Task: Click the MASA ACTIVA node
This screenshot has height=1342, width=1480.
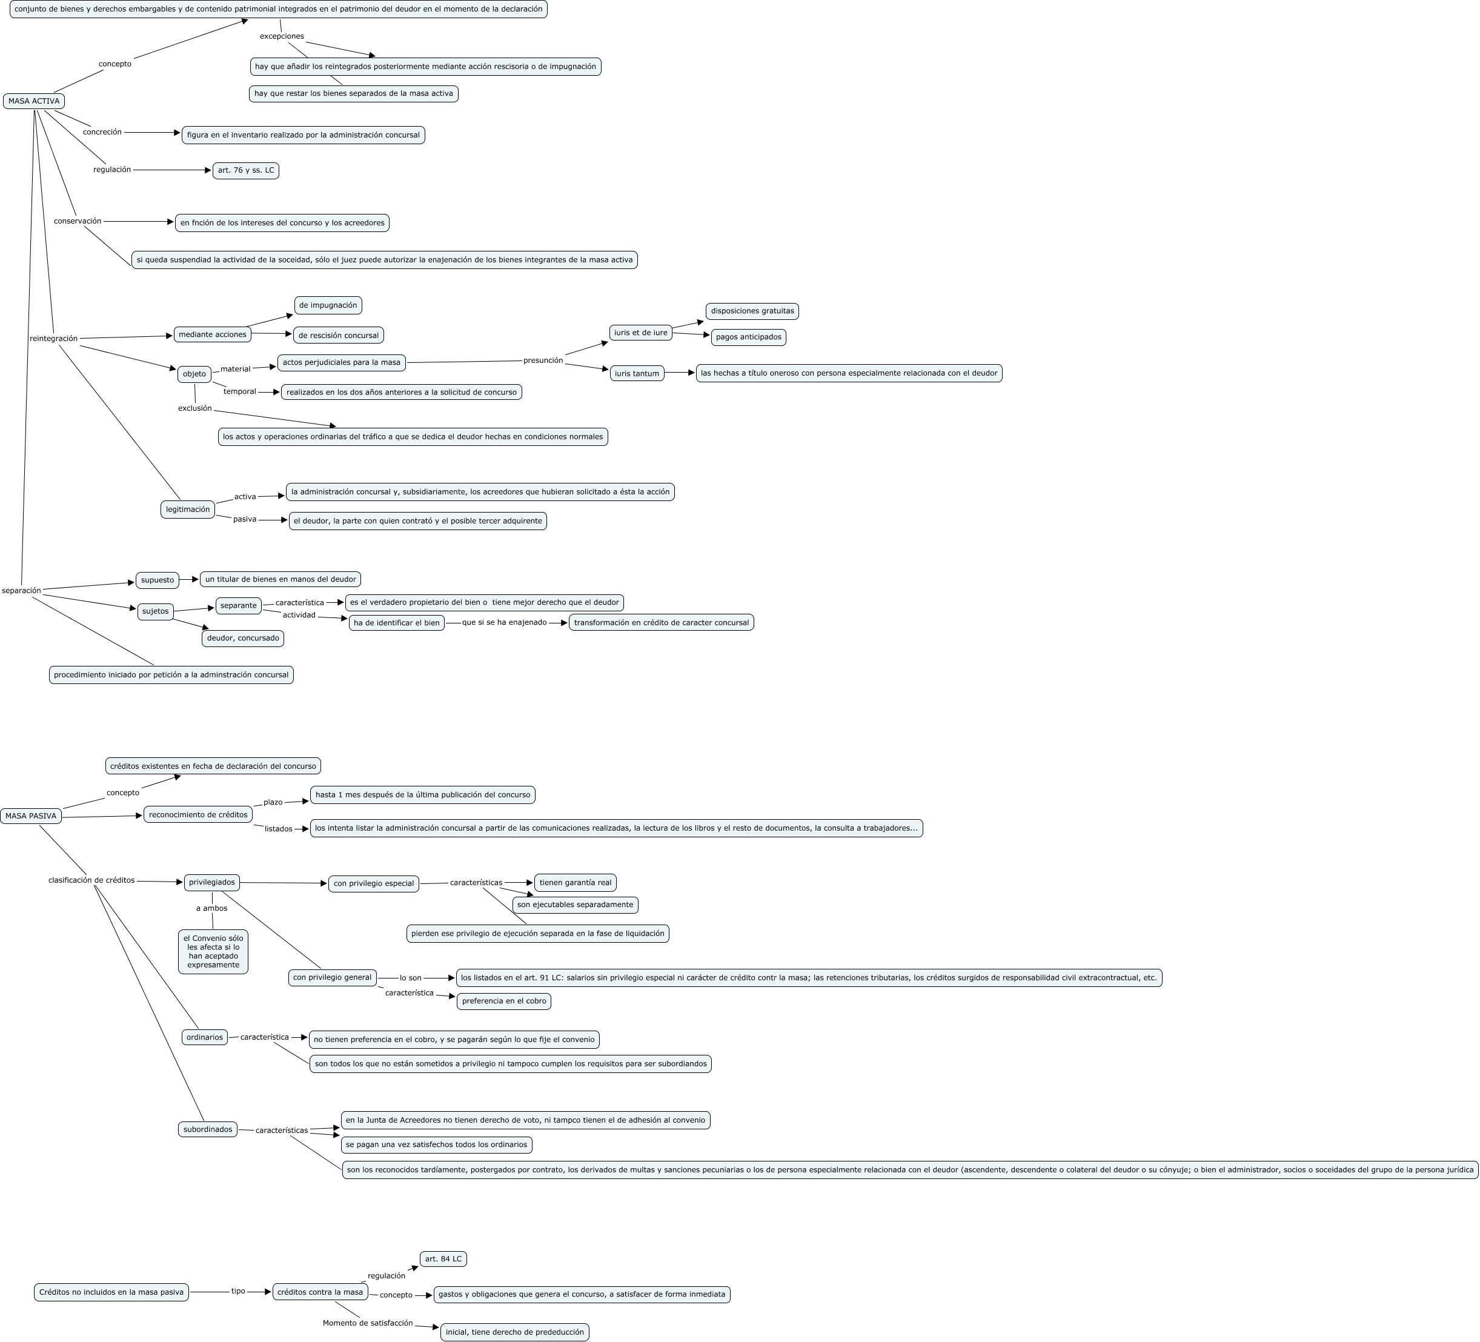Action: click(34, 101)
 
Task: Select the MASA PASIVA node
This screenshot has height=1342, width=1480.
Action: click(31, 815)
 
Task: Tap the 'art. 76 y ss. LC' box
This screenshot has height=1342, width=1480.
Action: click(246, 170)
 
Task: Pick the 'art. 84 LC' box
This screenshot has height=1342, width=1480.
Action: click(443, 1258)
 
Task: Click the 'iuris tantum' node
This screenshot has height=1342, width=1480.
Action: click(637, 374)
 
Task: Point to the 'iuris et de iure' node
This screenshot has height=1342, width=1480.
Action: click(640, 333)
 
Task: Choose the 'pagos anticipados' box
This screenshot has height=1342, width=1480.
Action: click(748, 337)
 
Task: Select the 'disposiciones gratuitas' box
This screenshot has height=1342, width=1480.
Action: click(752, 311)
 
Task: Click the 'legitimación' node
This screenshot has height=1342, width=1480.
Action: click(188, 510)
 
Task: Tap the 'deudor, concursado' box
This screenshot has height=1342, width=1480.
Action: click(243, 638)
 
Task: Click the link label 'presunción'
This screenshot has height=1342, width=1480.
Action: click(543, 360)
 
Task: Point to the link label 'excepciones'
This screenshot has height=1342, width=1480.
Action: click(281, 36)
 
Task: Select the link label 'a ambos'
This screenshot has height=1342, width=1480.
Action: click(211, 908)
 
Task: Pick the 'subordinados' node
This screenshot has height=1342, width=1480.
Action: click(208, 1129)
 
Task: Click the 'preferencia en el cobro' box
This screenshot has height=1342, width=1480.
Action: click(503, 1001)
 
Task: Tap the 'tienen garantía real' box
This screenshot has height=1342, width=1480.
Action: click(575, 882)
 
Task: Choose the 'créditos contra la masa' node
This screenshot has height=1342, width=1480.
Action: click(320, 1292)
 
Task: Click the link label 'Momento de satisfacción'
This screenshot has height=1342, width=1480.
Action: click(367, 1323)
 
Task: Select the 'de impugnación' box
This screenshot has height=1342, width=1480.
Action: click(328, 305)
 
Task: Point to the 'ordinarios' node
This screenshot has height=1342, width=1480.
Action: click(204, 1037)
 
